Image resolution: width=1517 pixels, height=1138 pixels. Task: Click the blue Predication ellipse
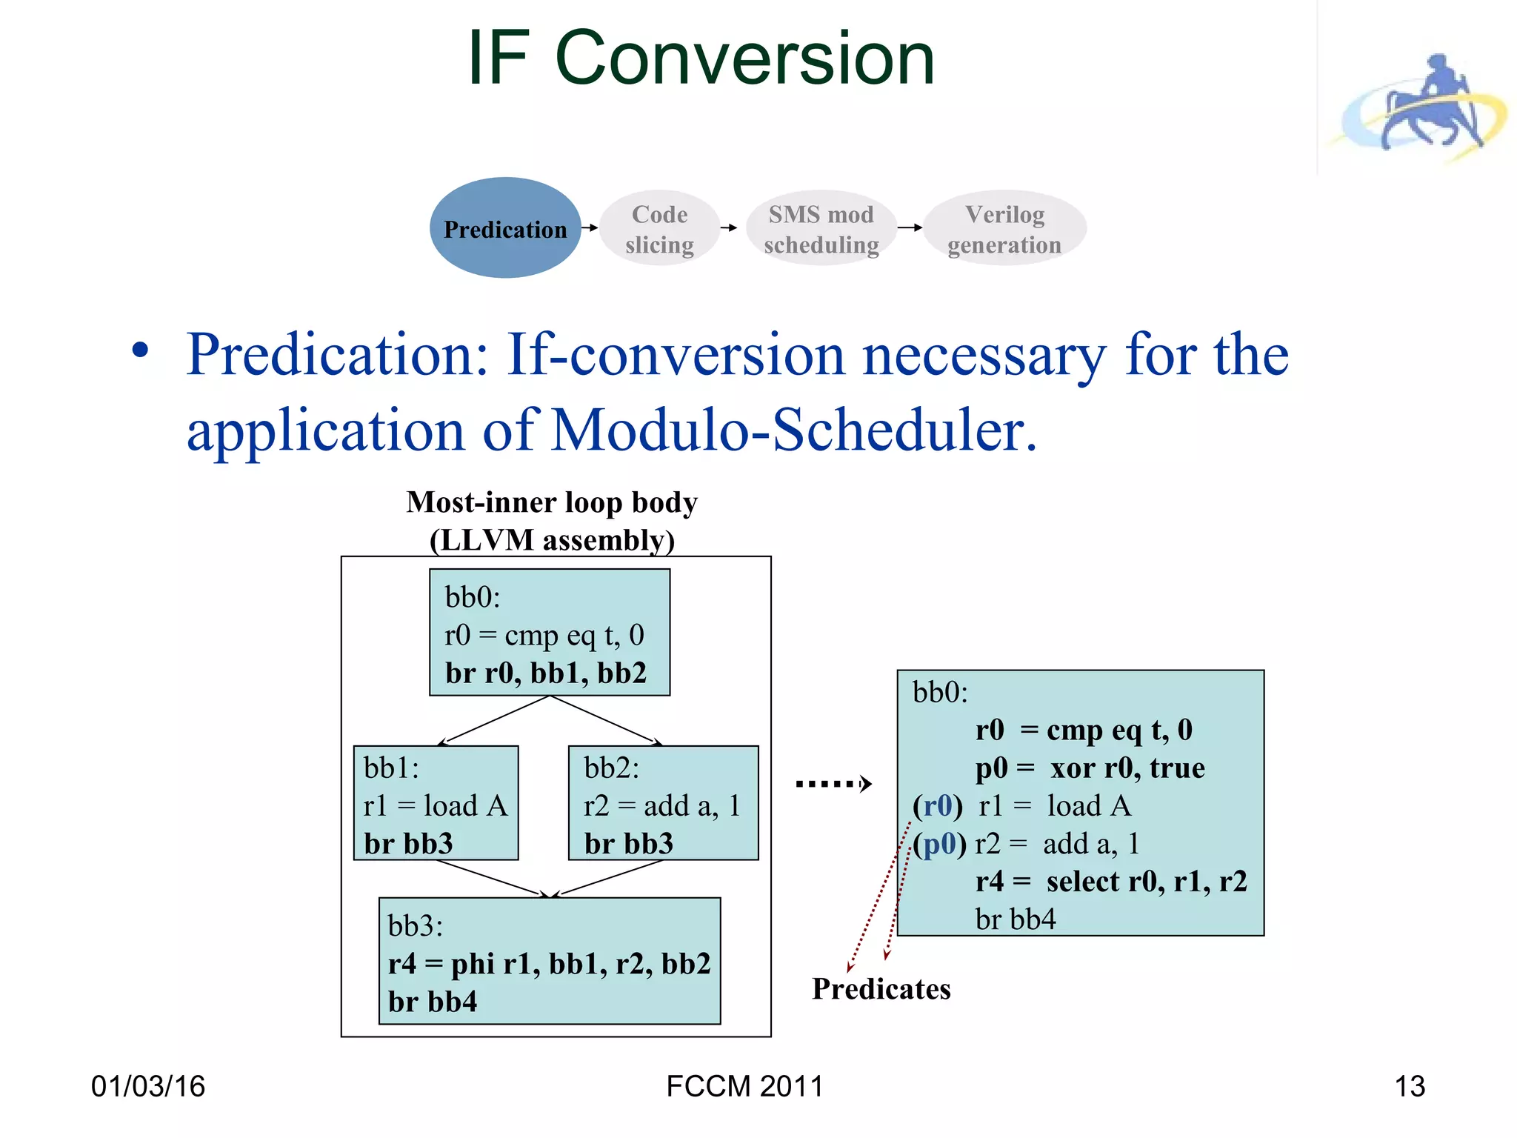505,228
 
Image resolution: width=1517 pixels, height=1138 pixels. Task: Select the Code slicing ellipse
659,229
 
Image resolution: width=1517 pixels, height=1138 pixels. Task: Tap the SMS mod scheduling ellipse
821,229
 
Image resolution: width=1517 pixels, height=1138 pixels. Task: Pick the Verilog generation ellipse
1004,229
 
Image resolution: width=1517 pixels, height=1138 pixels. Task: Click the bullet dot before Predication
140,350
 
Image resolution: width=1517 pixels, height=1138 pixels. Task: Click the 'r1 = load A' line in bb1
436,806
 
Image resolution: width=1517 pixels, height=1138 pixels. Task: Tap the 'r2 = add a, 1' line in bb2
661,806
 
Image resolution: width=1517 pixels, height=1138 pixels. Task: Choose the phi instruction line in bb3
549,964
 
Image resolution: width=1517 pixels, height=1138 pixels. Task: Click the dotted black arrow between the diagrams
833,784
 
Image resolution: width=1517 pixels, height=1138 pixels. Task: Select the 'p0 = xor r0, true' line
1090,768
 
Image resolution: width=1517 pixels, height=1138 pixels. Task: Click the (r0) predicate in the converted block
938,806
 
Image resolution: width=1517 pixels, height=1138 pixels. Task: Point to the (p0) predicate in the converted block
939,844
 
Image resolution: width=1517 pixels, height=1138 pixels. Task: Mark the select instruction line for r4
1111,882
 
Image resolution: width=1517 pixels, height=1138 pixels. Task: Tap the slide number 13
1409,1086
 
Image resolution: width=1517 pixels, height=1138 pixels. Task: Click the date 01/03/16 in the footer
148,1086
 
